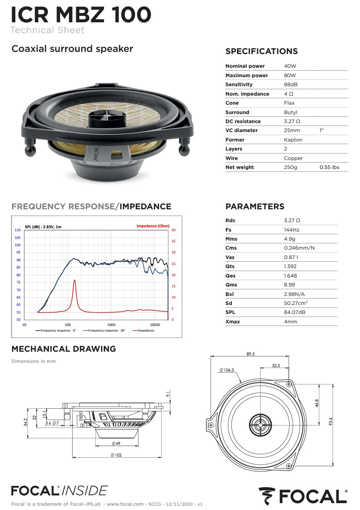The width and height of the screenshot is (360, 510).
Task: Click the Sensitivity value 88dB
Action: pos(291,84)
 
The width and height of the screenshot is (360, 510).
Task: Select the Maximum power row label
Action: pos(246,75)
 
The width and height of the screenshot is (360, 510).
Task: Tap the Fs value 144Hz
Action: pos(291,229)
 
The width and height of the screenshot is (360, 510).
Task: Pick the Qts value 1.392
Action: pos(290,266)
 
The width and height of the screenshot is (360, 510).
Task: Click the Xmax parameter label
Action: pos(233,322)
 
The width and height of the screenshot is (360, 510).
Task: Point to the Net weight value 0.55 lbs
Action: pos(329,167)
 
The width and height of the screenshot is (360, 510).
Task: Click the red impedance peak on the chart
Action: pos(75,281)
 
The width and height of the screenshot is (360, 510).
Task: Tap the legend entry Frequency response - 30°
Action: pos(104,330)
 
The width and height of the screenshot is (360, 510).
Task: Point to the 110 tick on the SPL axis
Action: pos(18,230)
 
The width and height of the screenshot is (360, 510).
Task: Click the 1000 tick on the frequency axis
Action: pos(111,325)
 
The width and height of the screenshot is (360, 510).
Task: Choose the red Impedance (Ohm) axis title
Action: pos(153,226)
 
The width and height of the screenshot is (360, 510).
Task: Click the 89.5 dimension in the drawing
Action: pos(251,354)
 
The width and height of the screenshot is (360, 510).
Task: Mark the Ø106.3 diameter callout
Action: pos(227,370)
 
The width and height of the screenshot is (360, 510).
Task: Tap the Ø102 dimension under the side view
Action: pos(116,455)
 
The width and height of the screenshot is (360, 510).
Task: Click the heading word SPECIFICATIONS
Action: pos(261,51)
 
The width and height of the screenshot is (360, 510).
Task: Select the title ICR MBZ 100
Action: pos(81,15)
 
